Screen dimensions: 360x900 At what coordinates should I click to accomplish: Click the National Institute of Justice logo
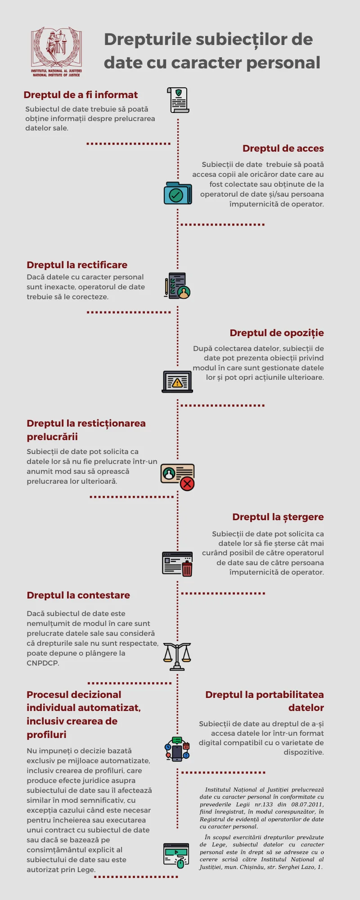(56, 52)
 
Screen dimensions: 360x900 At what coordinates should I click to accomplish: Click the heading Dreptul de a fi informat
(81, 95)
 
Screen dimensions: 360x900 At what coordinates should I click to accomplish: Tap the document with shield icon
(178, 100)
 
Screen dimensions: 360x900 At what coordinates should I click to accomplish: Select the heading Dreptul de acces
(283, 148)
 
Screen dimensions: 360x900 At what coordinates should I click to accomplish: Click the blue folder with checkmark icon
(178, 193)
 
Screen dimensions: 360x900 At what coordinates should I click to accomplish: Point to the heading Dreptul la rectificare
(77, 265)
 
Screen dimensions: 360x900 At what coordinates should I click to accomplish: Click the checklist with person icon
(177, 286)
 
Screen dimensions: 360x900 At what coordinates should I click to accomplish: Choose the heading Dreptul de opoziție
(277, 333)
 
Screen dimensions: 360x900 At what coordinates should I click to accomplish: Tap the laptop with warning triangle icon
(177, 382)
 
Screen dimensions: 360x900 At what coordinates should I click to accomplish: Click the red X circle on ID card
(187, 484)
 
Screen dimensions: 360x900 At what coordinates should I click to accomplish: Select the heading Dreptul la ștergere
(278, 517)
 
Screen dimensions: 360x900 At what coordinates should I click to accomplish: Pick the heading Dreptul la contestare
(78, 595)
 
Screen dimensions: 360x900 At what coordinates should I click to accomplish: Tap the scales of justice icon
(177, 657)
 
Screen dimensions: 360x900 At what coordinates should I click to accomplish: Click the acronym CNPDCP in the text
(43, 663)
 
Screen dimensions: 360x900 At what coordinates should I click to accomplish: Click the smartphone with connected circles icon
(177, 749)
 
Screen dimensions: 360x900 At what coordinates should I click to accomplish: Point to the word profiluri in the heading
(46, 735)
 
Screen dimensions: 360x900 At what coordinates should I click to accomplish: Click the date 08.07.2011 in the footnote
(308, 805)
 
